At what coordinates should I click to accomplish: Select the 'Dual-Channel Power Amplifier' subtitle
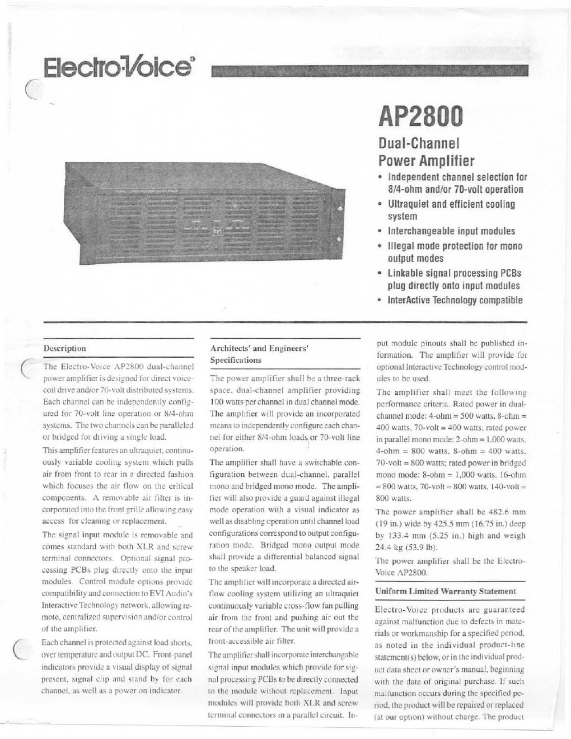pyautogui.click(x=427, y=153)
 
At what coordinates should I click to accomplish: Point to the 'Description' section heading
pyautogui.click(x=65, y=348)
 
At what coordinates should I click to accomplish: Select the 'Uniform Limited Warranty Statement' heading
pyautogui.click(x=445, y=591)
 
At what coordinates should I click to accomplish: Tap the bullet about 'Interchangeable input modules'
pyautogui.click(x=451, y=231)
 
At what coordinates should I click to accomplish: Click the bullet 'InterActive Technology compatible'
pyautogui.click(x=455, y=300)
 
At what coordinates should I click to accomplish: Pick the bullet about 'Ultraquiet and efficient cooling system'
pyautogui.click(x=451, y=210)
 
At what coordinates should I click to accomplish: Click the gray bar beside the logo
pyautogui.click(x=369, y=71)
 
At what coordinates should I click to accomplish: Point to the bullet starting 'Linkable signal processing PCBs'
pyautogui.click(x=454, y=279)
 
